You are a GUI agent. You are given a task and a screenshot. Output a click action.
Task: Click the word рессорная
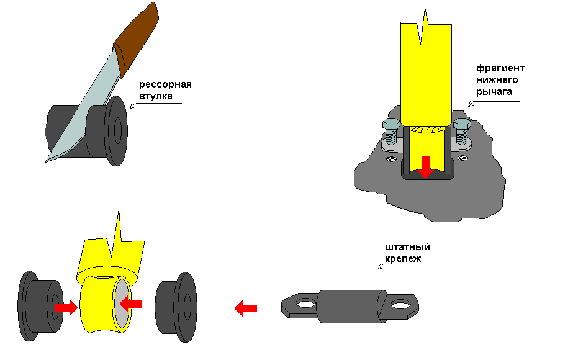(x=165, y=84)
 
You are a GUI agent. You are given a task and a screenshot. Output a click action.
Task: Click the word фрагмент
(x=500, y=68)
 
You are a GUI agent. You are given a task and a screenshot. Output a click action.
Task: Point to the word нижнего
(x=497, y=79)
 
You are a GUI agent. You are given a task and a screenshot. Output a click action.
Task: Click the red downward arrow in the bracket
(x=425, y=166)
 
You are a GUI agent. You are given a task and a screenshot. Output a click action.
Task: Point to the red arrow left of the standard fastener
(x=246, y=307)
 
